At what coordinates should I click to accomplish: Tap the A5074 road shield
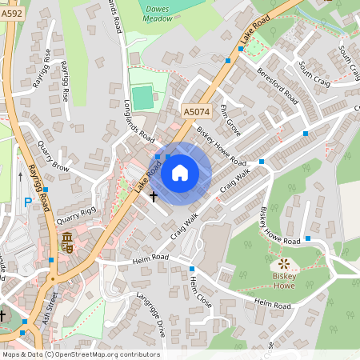tap(196, 113)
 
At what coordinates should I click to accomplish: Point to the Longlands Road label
tap(139, 121)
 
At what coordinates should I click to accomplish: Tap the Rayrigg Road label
tap(38, 186)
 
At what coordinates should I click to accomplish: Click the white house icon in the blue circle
tap(180, 172)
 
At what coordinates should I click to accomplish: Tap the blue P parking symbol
tap(27, 202)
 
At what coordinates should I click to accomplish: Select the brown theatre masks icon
tap(67, 240)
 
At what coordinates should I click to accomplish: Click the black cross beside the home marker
tap(154, 196)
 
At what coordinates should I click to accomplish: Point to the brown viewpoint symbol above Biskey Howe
tap(283, 264)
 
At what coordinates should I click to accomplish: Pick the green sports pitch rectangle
tap(142, 98)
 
